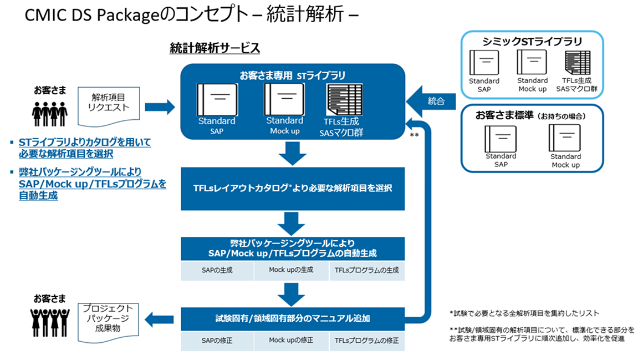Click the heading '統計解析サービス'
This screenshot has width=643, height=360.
(215, 48)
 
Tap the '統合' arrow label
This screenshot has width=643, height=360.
(436, 102)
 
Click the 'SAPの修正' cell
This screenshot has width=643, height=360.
(217, 340)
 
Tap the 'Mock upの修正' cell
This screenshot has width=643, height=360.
(291, 340)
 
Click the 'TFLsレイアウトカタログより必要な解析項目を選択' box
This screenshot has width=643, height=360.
(293, 189)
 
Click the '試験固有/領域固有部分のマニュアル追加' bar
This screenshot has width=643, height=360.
(293, 318)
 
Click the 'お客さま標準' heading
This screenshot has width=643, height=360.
(530, 116)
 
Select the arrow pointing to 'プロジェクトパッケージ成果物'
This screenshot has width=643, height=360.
(159, 318)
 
